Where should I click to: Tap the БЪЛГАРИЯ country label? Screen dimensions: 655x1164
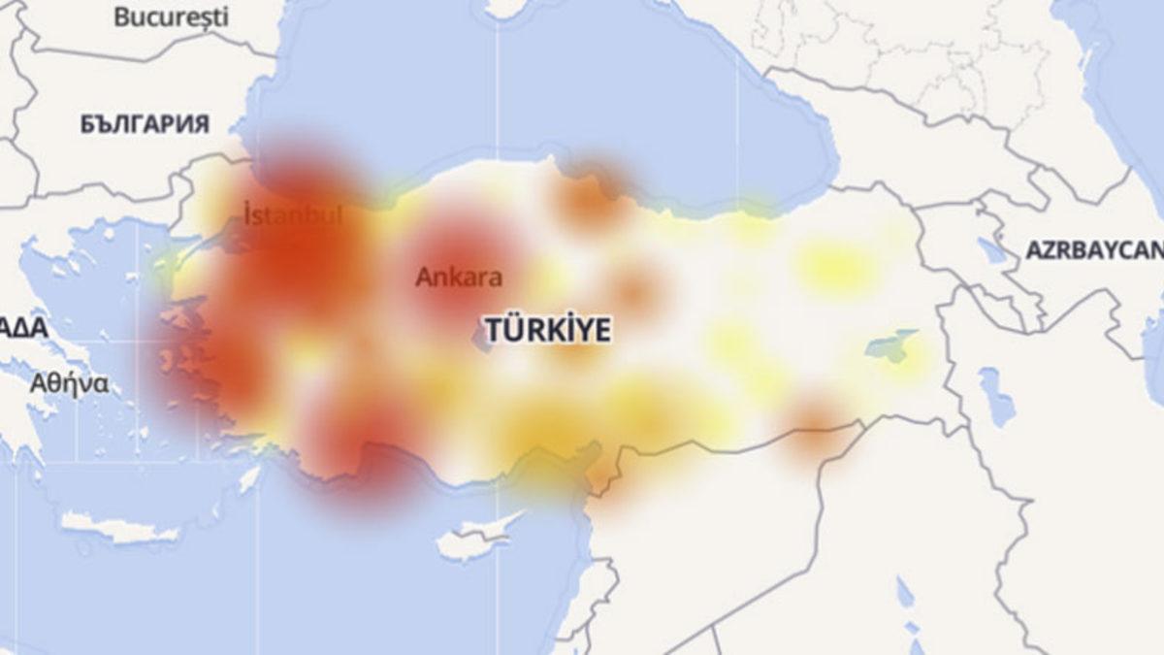tap(145, 124)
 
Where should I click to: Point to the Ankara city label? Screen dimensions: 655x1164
tap(459, 278)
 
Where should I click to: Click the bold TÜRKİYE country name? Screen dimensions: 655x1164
tap(548, 330)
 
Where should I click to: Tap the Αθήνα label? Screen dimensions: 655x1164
tap(68, 382)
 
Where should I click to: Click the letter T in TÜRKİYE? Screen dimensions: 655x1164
tap(492, 330)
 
